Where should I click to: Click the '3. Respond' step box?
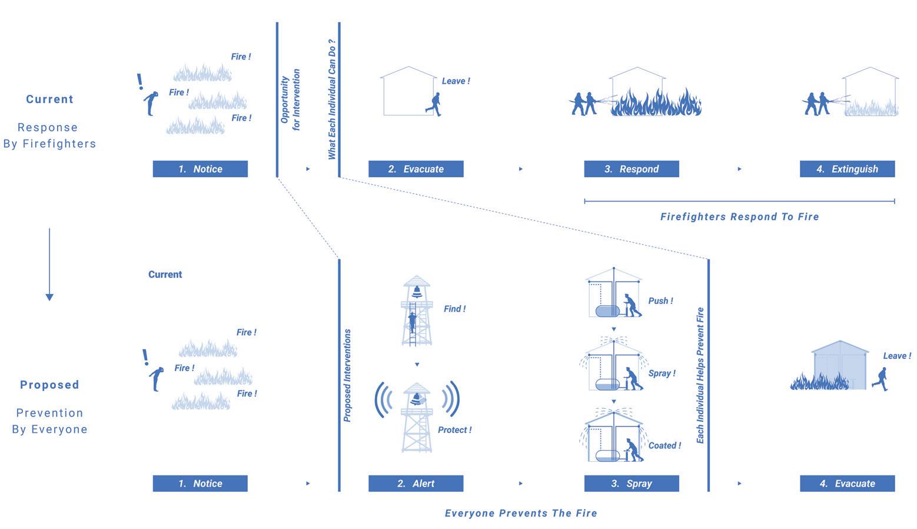tap(631, 169)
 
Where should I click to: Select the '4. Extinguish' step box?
tap(847, 169)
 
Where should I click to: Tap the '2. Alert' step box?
tap(416, 484)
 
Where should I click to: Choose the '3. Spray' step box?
tap(631, 484)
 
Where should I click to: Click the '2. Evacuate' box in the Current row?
tap(416, 169)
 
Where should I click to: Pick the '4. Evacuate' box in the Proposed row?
tap(847, 484)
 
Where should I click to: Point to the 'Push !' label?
tap(660, 301)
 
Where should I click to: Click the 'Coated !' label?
tap(665, 446)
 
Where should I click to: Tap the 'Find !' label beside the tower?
tap(454, 309)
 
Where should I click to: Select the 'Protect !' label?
tap(454, 430)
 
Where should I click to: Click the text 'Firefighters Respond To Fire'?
tap(739, 217)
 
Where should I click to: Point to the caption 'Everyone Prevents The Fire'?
tap(521, 513)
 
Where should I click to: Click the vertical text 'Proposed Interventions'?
tap(347, 375)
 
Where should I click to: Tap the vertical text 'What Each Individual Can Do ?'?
tap(332, 99)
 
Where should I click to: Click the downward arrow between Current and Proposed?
tap(49, 265)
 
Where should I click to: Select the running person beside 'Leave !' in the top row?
tap(434, 104)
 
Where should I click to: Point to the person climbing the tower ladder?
tap(413, 322)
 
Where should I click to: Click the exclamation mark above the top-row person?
tap(140, 81)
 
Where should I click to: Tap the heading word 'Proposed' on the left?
tap(49, 385)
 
